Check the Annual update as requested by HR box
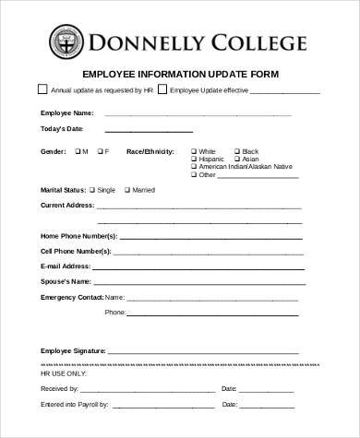[x=42, y=90]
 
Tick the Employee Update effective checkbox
[x=162, y=90]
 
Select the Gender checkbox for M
[x=76, y=150]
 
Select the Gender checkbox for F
[x=99, y=150]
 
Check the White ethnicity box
[x=194, y=150]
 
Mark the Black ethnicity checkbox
[x=237, y=150]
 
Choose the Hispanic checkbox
[x=194, y=159]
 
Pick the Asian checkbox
[x=237, y=159]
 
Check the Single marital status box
[x=92, y=189]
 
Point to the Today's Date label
[x=60, y=128]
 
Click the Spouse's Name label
[x=65, y=280]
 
